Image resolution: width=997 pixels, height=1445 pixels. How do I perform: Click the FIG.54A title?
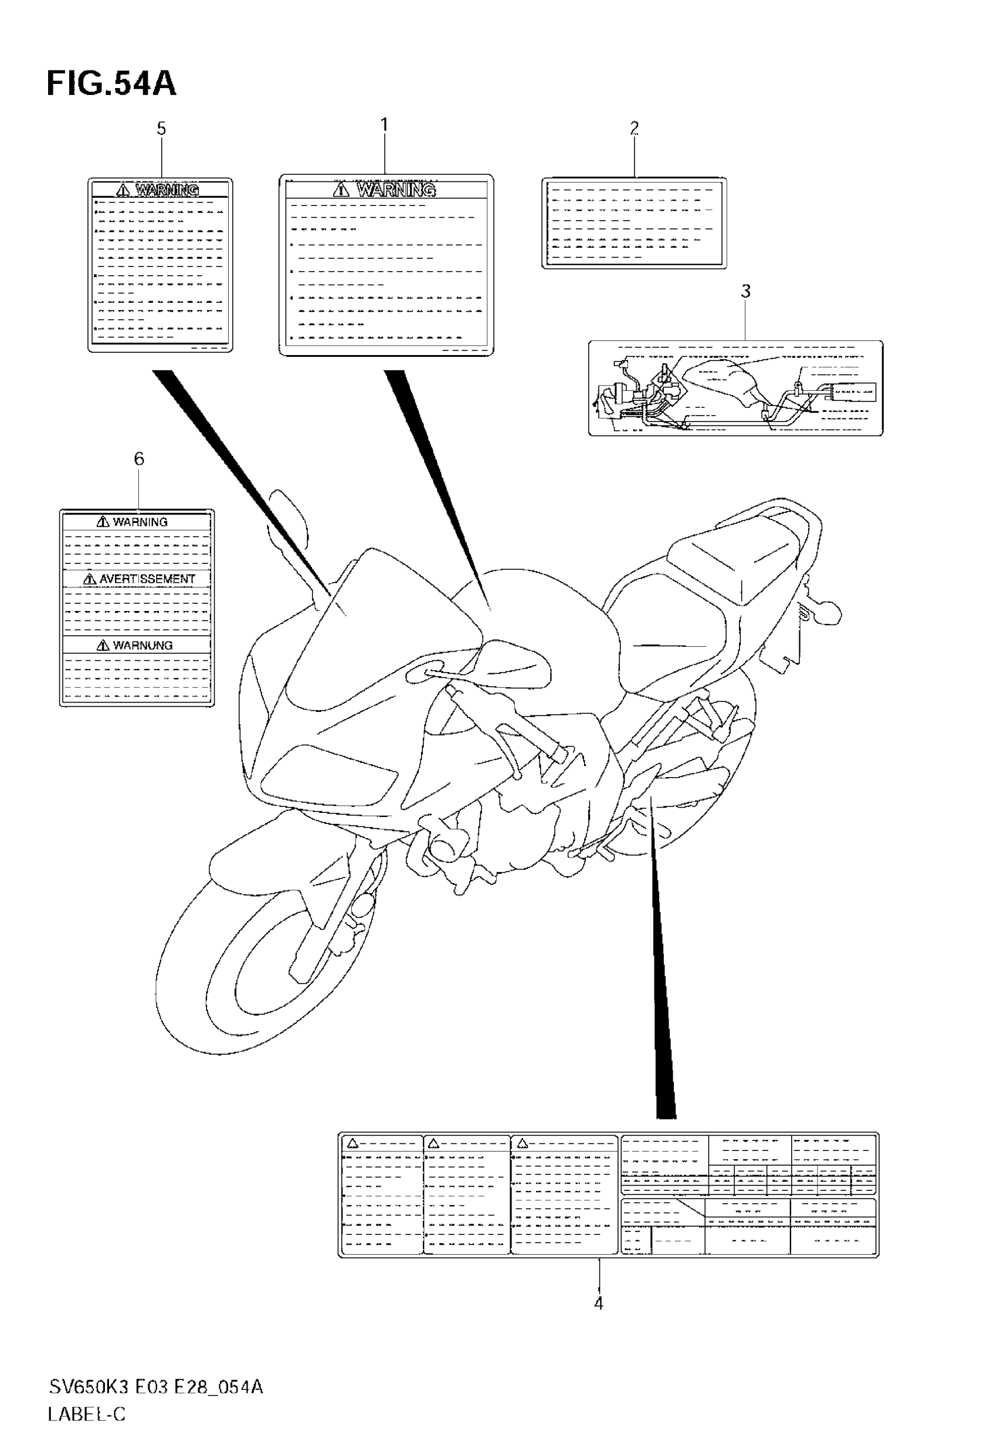[x=111, y=84]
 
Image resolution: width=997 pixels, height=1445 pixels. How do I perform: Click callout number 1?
[x=384, y=125]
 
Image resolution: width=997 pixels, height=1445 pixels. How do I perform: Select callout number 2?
[x=634, y=128]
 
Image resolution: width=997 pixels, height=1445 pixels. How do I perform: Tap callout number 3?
[x=745, y=291]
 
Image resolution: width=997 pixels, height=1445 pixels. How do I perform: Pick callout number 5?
[x=161, y=129]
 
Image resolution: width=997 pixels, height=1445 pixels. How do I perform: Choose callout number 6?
[x=138, y=459]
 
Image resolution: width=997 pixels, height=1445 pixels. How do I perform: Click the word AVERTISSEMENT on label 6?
[x=147, y=579]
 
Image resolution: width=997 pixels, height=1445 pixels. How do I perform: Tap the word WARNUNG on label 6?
[x=142, y=645]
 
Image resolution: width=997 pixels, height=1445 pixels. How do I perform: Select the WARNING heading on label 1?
[x=395, y=190]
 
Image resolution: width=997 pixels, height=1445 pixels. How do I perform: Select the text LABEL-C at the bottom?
[x=87, y=1414]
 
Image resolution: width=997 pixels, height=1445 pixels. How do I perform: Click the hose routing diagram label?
[x=735, y=388]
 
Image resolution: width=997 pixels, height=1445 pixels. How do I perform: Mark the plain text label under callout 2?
[x=634, y=223]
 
